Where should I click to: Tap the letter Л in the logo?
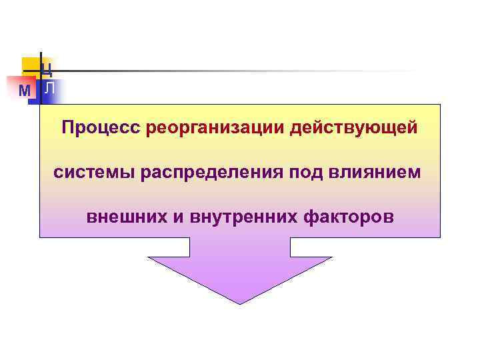point(49,89)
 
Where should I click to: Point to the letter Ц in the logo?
point(47,67)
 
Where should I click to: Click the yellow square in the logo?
point(31,65)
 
